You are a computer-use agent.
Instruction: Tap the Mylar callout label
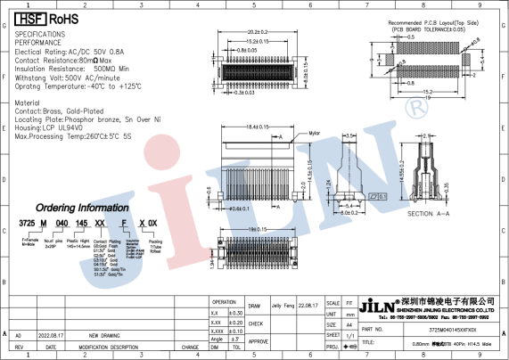pyautogui.click(x=316, y=133)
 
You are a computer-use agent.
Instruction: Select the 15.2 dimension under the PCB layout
pyautogui.click(x=428, y=91)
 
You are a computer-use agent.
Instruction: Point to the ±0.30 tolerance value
pyautogui.click(x=236, y=313)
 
